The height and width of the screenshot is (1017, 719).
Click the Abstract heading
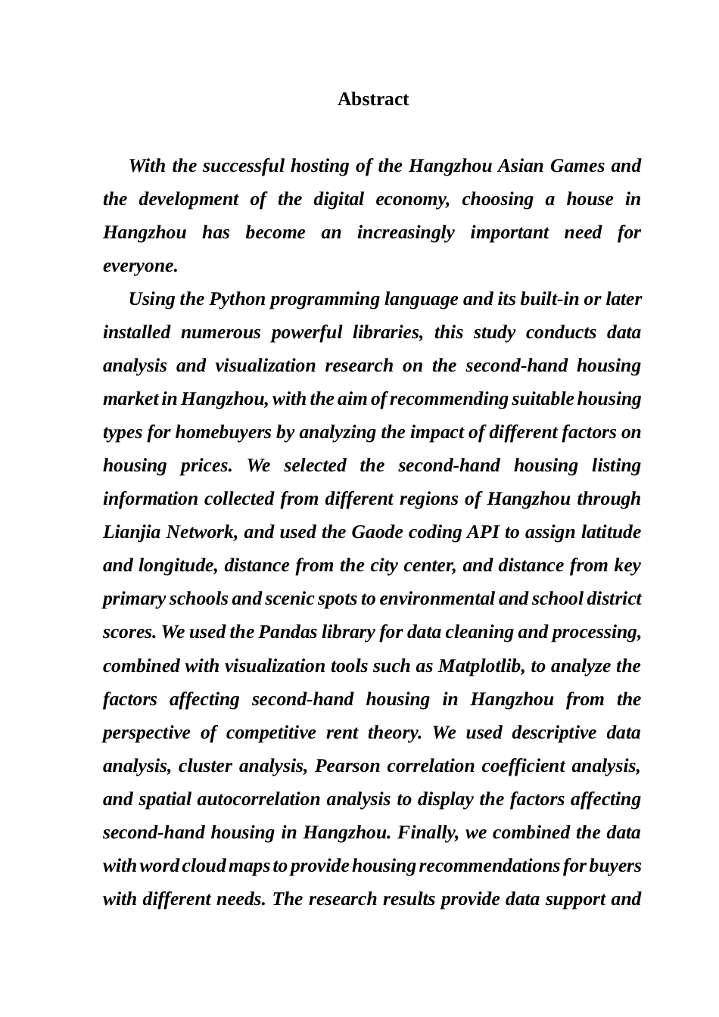[372, 99]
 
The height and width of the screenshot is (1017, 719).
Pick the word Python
[237, 299]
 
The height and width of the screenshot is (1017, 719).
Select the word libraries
[386, 332]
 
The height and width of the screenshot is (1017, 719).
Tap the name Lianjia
[132, 532]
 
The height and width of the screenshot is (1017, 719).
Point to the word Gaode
[376, 532]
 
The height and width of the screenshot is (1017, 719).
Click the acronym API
[482, 532]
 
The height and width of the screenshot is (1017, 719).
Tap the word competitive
[275, 732]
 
